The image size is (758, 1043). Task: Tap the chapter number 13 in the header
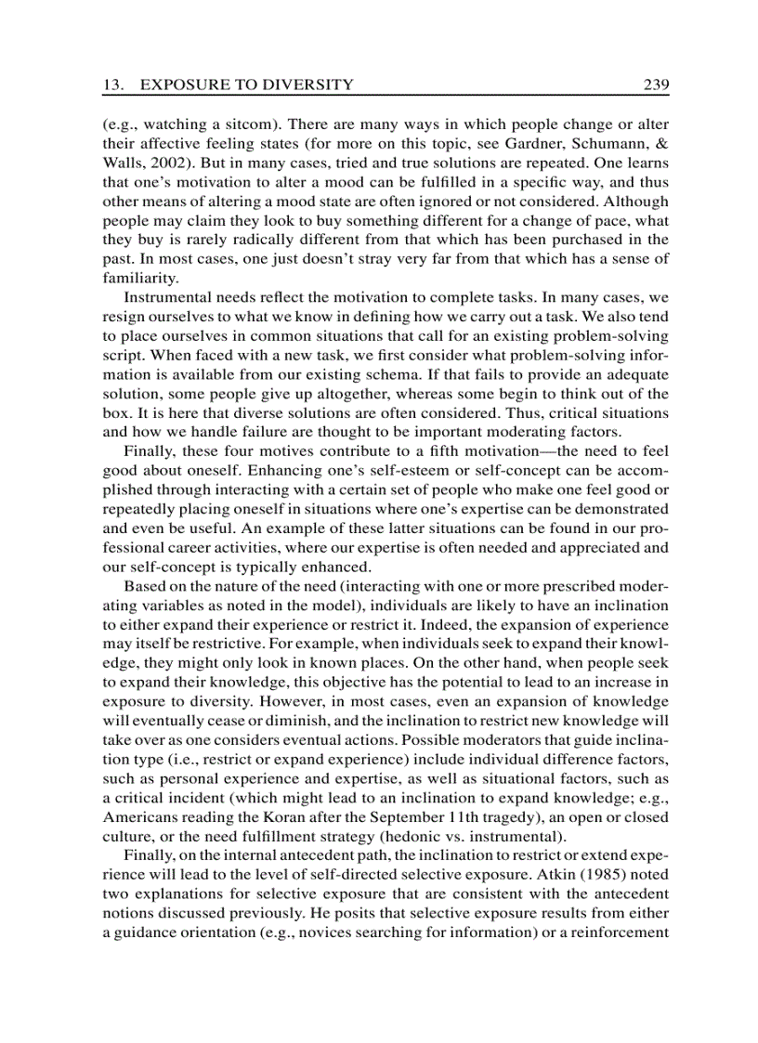pyautogui.click(x=111, y=85)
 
